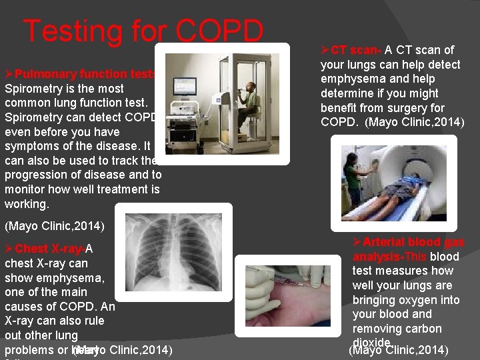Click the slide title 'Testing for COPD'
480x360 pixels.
143,31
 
